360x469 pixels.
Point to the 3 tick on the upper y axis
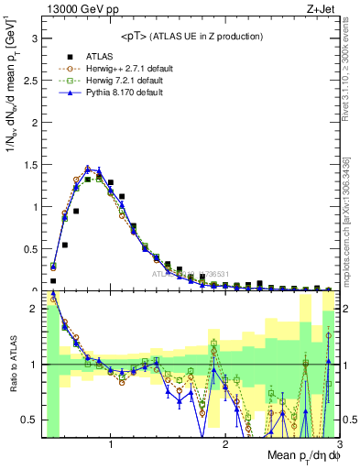pos(34,39)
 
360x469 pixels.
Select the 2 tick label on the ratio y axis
pos(34,310)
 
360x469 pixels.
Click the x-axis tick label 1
pos(111,443)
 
